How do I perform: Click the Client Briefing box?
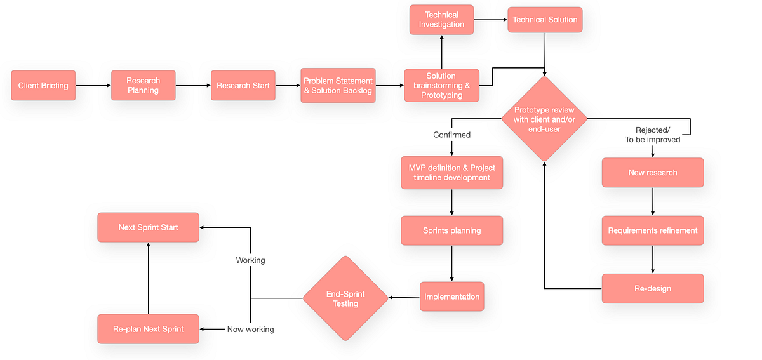pyautogui.click(x=43, y=86)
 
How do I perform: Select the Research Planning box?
pyautogui.click(x=143, y=86)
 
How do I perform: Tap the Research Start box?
pyautogui.click(x=243, y=86)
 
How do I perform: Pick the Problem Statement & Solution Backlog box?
pyautogui.click(x=338, y=86)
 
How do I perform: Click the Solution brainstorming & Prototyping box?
pyautogui.click(x=441, y=86)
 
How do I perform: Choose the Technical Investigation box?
pyautogui.click(x=441, y=20)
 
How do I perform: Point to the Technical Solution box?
pyautogui.click(x=545, y=20)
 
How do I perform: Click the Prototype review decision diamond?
pyautogui.click(x=544, y=119)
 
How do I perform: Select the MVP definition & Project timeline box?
pyautogui.click(x=451, y=173)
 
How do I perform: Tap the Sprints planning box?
pyautogui.click(x=451, y=230)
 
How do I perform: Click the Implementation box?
pyautogui.click(x=451, y=297)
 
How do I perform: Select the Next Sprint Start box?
pyautogui.click(x=148, y=227)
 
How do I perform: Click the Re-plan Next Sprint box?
pyautogui.click(x=148, y=329)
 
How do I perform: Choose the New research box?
pyautogui.click(x=652, y=173)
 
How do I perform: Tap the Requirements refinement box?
pyautogui.click(x=652, y=230)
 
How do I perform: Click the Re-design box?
pyautogui.click(x=652, y=288)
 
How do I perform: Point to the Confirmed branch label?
pyautogui.click(x=451, y=135)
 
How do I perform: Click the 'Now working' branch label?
pyautogui.click(x=250, y=329)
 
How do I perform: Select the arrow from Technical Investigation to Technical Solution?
pyautogui.click(x=490, y=20)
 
